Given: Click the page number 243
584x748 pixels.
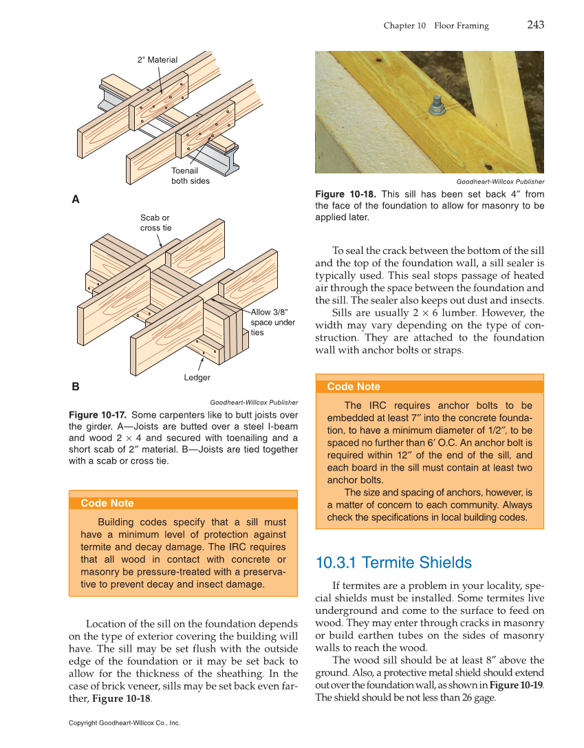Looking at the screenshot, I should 535,25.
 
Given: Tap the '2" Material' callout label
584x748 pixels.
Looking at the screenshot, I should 158,60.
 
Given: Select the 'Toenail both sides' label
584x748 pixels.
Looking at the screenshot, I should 190,175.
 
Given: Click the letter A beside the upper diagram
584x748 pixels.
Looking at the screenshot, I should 76,200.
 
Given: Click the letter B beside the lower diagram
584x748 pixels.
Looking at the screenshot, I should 76,387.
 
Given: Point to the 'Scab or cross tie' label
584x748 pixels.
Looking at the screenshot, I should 155,223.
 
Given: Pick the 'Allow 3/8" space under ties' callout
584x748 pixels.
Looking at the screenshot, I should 272,322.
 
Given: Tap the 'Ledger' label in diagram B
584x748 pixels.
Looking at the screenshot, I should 197,378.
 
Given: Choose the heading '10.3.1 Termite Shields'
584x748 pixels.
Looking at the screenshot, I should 393,563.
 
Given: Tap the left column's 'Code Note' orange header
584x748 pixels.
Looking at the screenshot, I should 107,503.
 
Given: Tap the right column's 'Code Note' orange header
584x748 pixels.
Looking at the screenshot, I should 354,387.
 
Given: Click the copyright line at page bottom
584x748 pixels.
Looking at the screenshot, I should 124,723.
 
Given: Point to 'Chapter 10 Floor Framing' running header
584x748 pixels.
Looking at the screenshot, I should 435,26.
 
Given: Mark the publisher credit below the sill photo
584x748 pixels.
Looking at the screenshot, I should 500,182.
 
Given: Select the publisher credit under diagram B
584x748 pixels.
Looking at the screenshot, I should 253,403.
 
